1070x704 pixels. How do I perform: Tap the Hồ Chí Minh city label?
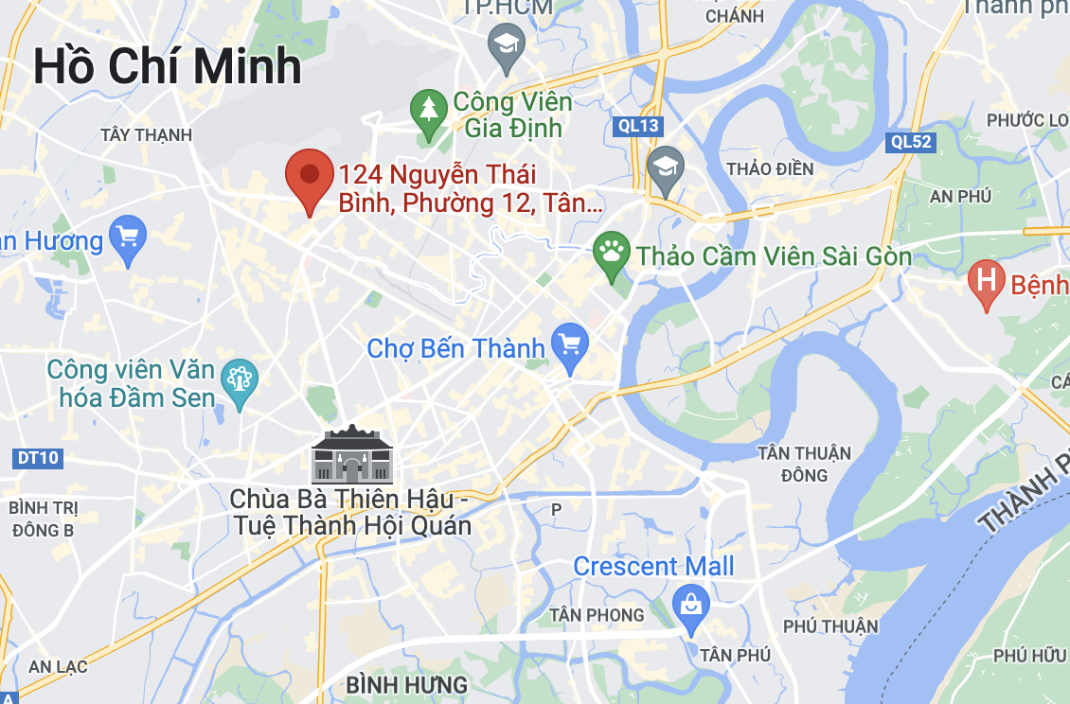168,66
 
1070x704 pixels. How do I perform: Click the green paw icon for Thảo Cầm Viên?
612,253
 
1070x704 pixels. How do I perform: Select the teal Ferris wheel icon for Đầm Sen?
238,380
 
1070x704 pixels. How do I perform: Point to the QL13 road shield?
636,126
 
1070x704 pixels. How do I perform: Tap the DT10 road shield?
38,458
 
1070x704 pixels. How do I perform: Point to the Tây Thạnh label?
146,134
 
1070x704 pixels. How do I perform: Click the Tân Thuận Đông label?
804,464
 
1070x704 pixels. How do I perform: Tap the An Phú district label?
960,196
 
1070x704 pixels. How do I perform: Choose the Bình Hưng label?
407,684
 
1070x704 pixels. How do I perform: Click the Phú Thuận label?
830,625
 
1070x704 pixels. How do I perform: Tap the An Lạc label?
58,666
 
